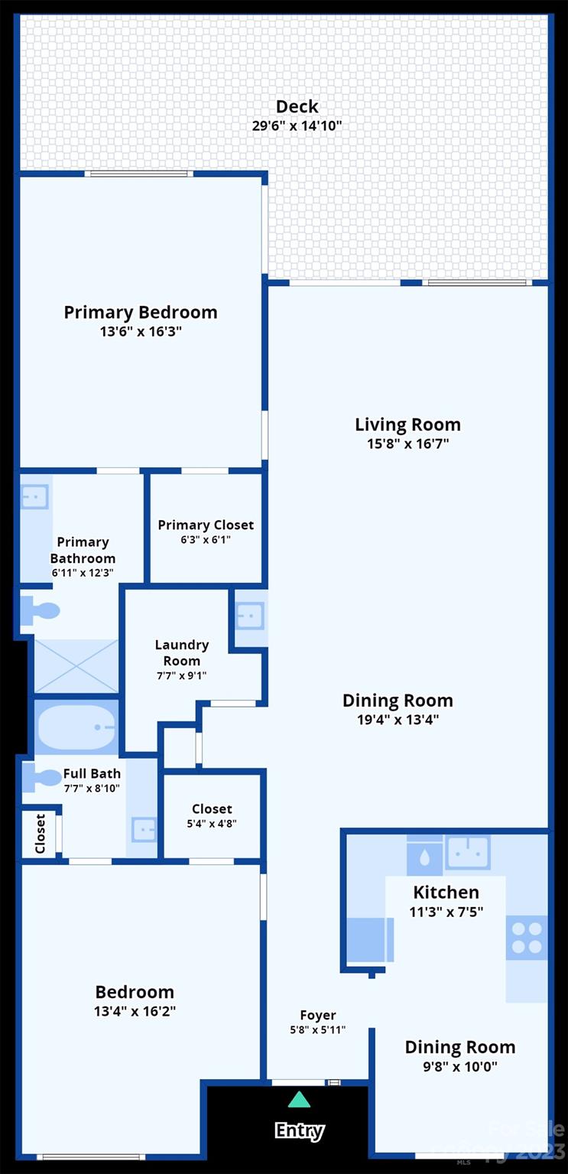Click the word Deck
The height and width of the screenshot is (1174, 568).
[297, 106]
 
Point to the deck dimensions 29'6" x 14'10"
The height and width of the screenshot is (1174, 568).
[297, 125]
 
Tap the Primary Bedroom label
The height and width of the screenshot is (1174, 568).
[140, 312]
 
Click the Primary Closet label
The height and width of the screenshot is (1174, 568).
[206, 525]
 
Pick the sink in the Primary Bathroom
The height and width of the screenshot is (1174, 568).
[34, 497]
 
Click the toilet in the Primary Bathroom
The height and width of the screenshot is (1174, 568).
[41, 611]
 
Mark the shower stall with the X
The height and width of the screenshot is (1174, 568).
[76, 666]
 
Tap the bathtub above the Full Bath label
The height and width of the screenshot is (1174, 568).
[76, 727]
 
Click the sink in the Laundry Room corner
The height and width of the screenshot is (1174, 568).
[250, 616]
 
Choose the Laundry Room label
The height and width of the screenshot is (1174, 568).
[181, 652]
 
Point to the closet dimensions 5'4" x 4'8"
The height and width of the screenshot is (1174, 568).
[212, 824]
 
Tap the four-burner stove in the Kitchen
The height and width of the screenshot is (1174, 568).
[527, 938]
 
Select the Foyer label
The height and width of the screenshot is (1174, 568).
[317, 1016]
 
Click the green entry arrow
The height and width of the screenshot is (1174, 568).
[299, 1100]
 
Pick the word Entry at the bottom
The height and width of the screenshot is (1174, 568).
[299, 1130]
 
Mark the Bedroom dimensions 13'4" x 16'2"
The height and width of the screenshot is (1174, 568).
[135, 1011]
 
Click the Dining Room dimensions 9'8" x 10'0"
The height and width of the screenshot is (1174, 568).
[459, 1066]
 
